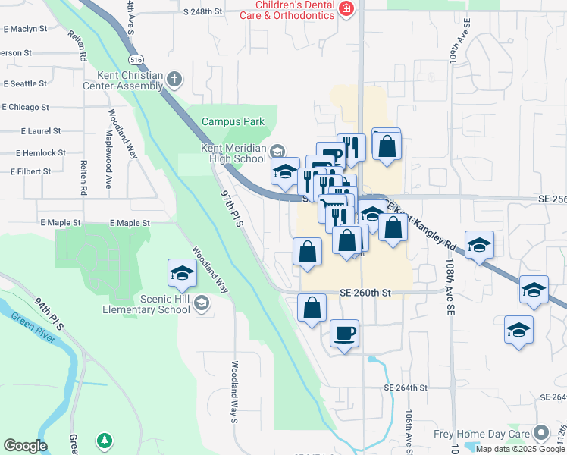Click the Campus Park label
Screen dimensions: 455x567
233,121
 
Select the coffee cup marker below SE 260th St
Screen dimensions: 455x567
344,334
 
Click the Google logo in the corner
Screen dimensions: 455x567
25,446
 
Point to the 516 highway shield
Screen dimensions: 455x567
136,59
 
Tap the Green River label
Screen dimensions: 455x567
33,326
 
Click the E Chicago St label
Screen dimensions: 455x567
26,108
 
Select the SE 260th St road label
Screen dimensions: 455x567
365,293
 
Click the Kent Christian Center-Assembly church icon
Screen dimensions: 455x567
174,77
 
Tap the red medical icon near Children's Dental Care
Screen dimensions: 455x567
346,8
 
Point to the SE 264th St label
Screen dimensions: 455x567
406,388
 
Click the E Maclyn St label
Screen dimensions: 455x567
25,29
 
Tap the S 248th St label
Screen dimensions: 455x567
202,12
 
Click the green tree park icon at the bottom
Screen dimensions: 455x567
104,440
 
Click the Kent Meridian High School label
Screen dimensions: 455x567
233,153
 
